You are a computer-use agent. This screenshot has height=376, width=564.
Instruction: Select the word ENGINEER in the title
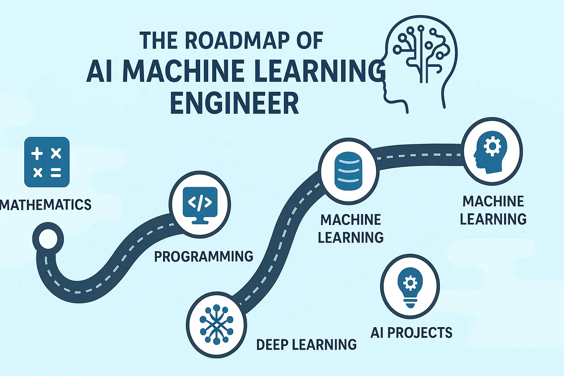pos(234,103)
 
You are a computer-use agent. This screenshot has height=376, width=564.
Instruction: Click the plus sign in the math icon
pos(37,153)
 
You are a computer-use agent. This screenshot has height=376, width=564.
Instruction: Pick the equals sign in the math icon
pos(56,173)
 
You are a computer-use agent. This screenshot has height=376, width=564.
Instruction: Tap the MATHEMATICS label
pos(46,205)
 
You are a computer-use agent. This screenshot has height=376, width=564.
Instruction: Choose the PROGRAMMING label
pos(204,256)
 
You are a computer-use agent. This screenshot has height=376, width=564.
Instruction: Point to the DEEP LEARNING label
pos(307,344)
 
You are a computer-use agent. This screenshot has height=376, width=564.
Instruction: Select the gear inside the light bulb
pos(410,283)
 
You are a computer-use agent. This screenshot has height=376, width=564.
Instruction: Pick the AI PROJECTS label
pos(411,333)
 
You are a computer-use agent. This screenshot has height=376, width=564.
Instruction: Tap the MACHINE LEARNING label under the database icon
pos(351,229)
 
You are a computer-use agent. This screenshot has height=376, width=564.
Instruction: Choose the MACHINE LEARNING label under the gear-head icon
pos(493,210)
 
